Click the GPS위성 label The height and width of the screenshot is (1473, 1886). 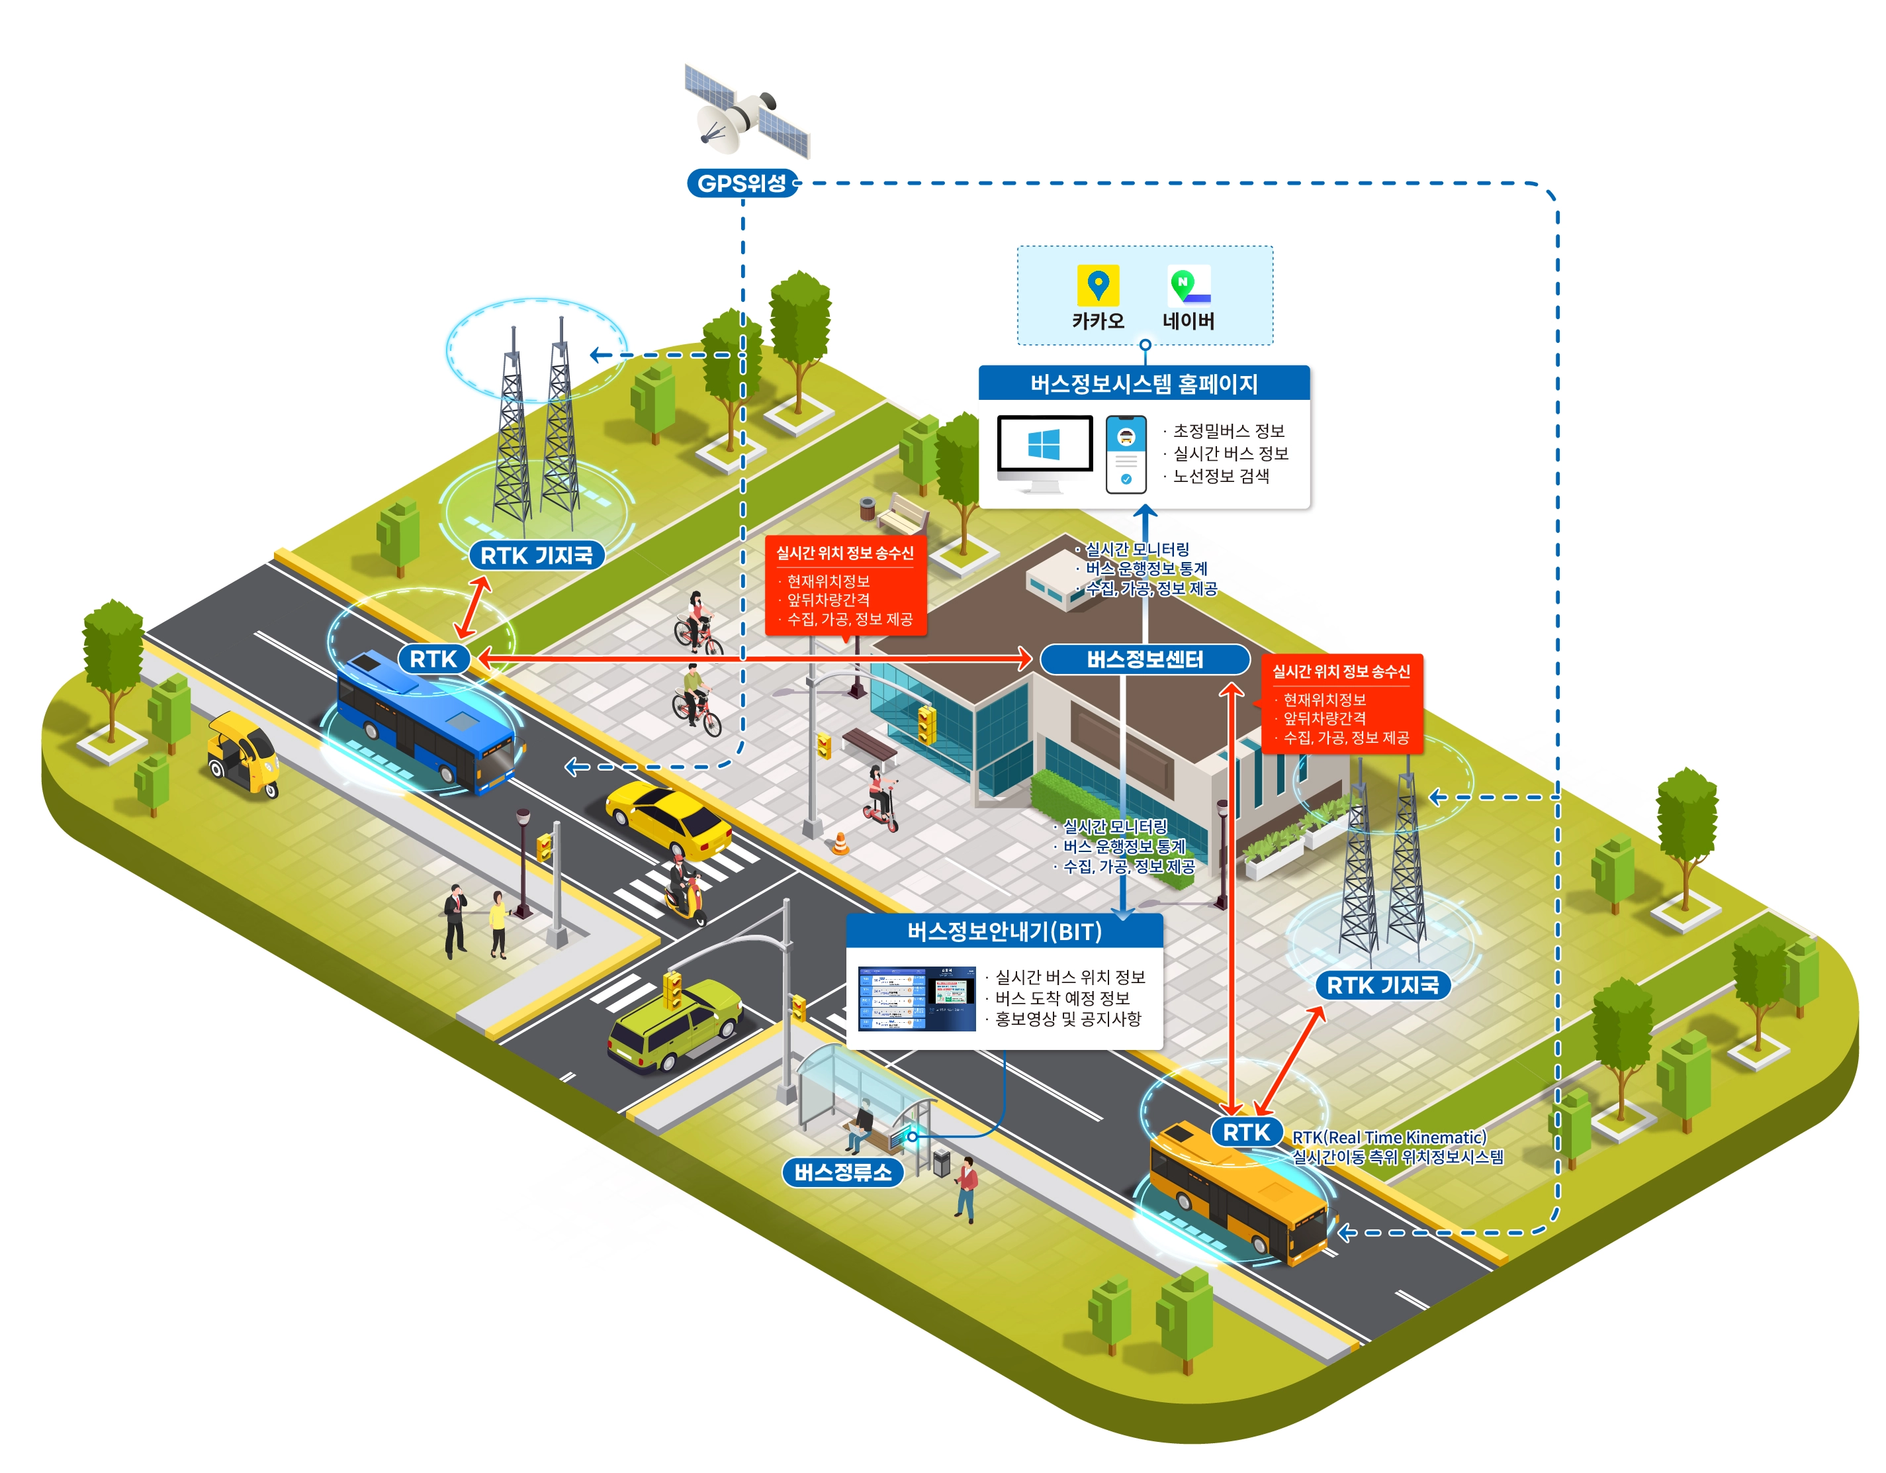(x=741, y=183)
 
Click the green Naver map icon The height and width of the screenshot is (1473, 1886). (x=1189, y=284)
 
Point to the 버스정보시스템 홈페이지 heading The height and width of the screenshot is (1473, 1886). (x=1144, y=383)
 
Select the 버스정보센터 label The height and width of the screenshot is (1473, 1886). (x=1144, y=659)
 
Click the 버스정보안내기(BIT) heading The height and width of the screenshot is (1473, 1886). (x=1005, y=931)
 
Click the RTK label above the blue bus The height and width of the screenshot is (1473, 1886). (x=433, y=659)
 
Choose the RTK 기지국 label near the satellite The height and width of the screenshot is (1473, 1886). (x=536, y=555)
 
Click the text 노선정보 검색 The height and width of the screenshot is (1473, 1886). (x=1220, y=476)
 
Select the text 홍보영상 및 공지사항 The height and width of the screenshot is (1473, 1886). (x=1067, y=1020)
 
